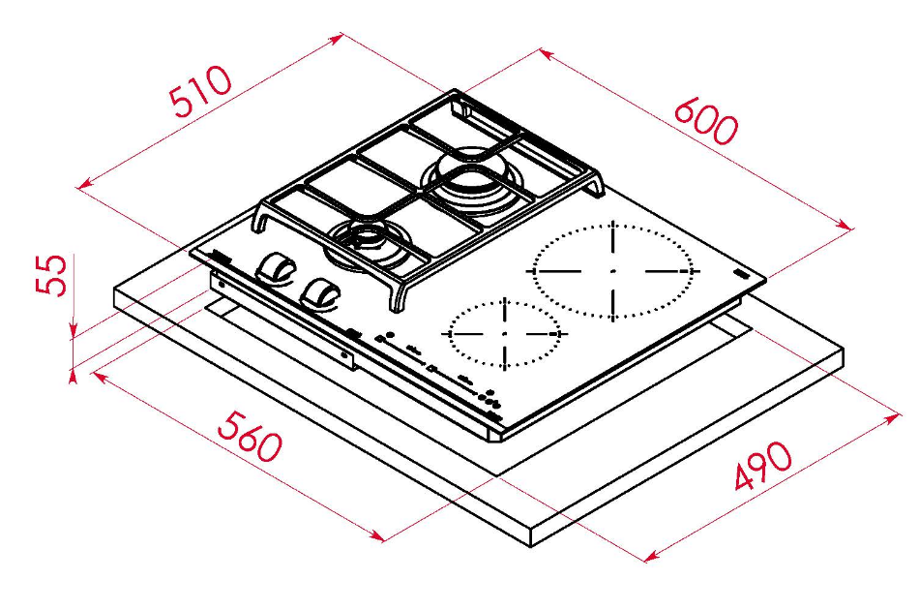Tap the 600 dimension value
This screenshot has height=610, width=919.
(x=705, y=121)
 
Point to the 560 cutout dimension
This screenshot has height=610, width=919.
(x=250, y=435)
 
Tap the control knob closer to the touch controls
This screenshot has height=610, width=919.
(x=319, y=292)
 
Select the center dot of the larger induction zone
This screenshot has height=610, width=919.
(x=612, y=270)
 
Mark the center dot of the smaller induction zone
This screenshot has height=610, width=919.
(x=505, y=333)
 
